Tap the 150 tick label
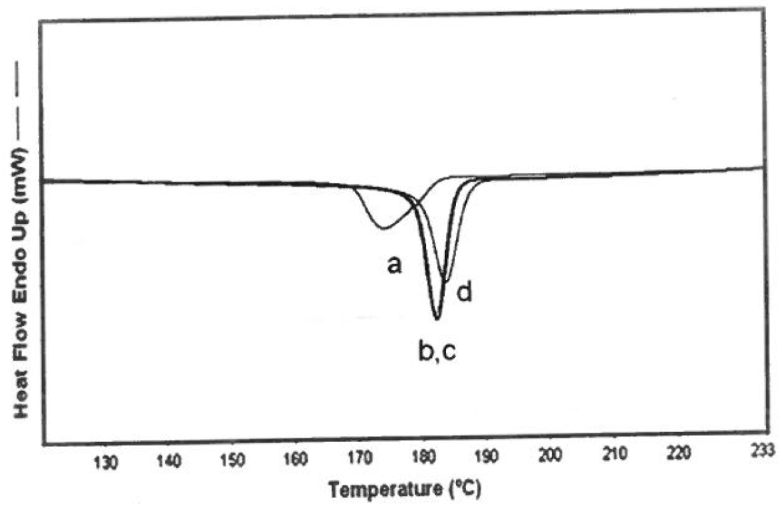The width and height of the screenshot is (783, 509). point(233,460)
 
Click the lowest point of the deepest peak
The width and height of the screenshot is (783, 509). point(437,318)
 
